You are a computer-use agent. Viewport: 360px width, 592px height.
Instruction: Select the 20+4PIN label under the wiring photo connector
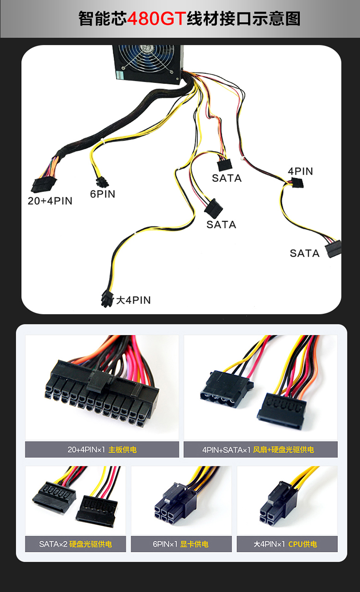[x=50, y=201]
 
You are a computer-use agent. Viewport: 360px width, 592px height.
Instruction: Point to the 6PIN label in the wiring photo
[x=103, y=194]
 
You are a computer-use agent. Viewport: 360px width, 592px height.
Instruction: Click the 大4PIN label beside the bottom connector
[x=133, y=300]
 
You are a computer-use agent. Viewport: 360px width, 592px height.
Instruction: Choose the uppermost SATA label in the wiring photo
[x=227, y=178]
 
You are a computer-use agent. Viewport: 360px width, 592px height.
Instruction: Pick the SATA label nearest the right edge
[x=305, y=253]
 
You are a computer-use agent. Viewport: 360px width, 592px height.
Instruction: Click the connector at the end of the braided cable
[x=43, y=184]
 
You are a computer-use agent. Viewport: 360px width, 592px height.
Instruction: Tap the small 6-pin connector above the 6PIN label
[x=102, y=182]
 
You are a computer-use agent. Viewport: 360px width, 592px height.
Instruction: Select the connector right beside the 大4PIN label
[x=107, y=299]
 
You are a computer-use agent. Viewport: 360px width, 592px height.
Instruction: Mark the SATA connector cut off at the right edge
[x=334, y=248]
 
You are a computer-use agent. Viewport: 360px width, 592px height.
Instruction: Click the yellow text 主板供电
[x=122, y=450]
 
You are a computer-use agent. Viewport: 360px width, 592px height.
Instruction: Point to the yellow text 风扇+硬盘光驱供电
[x=283, y=450]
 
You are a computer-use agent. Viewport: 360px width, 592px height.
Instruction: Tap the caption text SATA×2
[x=53, y=544]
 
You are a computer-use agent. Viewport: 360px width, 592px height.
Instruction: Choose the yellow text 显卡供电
[x=194, y=544]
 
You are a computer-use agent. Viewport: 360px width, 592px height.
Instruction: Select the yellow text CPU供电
[x=302, y=544]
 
